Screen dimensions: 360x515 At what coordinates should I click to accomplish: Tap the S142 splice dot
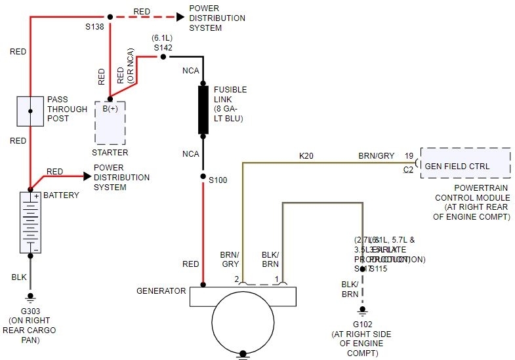coord(163,57)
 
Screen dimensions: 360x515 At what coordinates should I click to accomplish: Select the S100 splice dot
coord(203,176)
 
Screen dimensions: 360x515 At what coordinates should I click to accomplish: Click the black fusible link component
coord(203,104)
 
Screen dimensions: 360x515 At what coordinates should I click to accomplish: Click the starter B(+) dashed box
coord(110,122)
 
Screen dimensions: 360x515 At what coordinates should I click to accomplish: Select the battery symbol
coord(30,222)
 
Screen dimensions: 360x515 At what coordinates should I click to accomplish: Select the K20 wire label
coord(306,156)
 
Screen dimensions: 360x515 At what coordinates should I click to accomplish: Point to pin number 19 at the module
coord(409,156)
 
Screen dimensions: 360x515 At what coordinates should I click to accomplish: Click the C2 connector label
coord(408,169)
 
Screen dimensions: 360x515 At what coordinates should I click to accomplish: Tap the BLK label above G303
coord(19,277)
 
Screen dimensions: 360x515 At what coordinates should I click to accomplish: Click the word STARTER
coord(110,153)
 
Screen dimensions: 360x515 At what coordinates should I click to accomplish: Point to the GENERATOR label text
coord(161,290)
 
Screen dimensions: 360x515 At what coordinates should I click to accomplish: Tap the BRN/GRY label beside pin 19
coord(377,156)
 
